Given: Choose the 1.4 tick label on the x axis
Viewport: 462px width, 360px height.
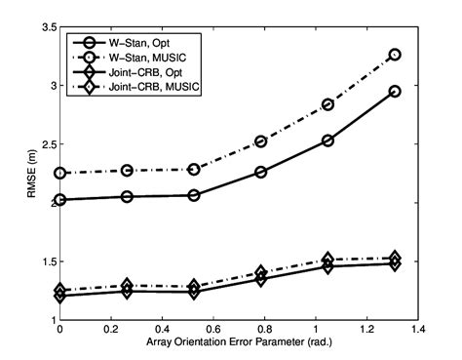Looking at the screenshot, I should [417, 334].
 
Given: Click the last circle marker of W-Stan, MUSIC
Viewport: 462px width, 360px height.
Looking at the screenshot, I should [395, 55].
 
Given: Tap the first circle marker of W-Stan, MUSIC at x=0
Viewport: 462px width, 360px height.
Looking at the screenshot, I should [60, 173].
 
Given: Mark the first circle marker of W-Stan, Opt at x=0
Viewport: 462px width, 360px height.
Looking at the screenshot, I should [60, 200].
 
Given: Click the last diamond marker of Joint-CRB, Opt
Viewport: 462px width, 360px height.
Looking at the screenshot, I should [395, 263].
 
